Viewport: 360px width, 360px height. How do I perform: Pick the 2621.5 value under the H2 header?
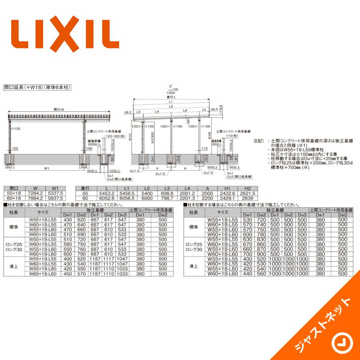tap(247, 193)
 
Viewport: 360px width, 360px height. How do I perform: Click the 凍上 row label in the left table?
tap(14, 266)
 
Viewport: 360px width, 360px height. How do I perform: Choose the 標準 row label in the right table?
tap(194, 227)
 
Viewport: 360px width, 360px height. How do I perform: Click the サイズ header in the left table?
tap(43, 212)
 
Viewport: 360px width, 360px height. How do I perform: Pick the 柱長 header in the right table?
tap(194, 212)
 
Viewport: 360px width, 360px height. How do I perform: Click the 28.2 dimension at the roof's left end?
tap(128, 113)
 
